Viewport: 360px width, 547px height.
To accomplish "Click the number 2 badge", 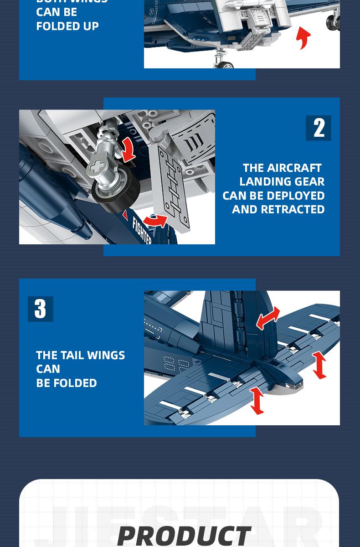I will coord(319,128).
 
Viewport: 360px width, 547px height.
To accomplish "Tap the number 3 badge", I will coord(40,309).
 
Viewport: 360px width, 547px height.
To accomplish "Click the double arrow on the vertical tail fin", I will coord(268,318).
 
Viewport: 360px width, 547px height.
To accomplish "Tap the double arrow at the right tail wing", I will coord(319,365).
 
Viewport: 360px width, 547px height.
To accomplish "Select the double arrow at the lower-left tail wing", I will coord(257,400).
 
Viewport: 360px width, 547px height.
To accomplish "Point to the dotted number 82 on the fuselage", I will coord(175,363).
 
